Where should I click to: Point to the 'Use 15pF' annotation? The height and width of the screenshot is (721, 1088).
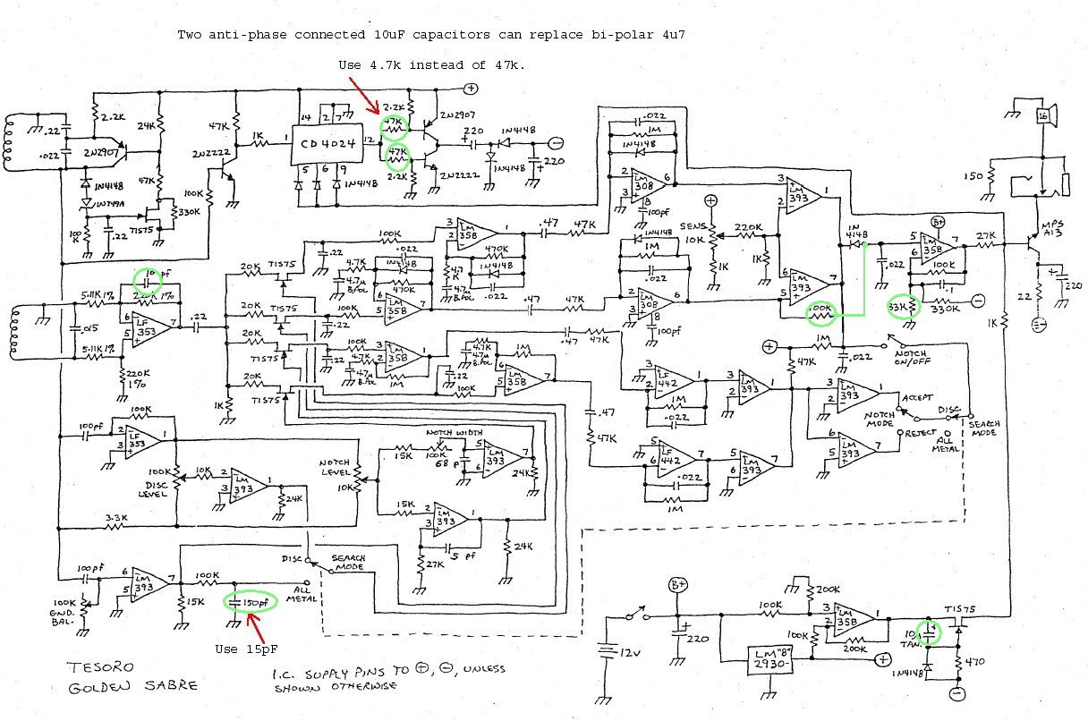tap(242, 649)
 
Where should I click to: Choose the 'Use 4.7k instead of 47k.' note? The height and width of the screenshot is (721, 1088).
tap(431, 65)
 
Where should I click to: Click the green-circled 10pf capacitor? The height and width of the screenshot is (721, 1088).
tap(148, 277)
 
